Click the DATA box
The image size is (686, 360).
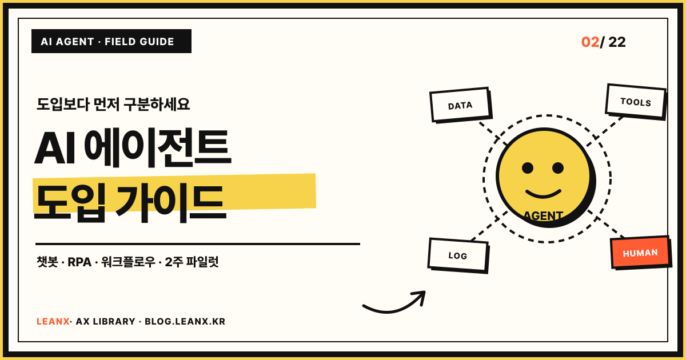(x=460, y=105)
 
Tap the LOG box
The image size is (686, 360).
(x=458, y=255)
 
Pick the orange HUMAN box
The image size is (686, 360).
(x=641, y=253)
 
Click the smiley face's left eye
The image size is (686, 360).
(x=528, y=168)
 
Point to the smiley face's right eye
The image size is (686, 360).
(x=558, y=168)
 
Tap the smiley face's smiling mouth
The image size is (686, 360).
(x=543, y=194)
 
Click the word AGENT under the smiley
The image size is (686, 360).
(x=543, y=216)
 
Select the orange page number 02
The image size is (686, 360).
(x=590, y=42)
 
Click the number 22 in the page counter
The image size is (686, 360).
(x=617, y=42)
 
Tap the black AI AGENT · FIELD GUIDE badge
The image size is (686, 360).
(x=111, y=41)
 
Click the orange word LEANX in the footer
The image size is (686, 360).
(x=53, y=321)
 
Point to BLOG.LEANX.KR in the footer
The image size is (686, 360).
(x=185, y=321)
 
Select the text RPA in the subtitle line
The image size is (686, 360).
(x=79, y=262)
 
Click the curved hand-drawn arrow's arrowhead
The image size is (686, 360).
(x=420, y=297)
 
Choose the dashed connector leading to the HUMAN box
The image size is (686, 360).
(x=607, y=224)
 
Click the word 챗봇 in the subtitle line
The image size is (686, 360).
(x=47, y=262)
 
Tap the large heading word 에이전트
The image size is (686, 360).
(x=157, y=148)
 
